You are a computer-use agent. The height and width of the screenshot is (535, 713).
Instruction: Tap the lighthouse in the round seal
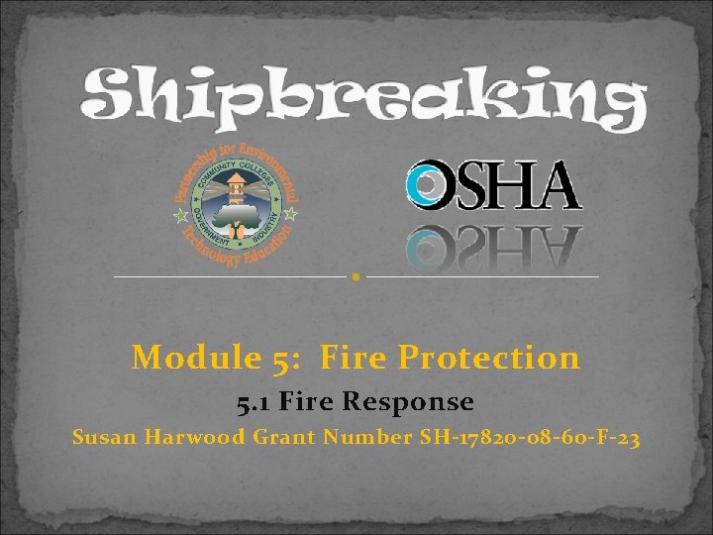coord(235,188)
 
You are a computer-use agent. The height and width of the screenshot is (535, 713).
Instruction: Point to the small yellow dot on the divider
coord(356,277)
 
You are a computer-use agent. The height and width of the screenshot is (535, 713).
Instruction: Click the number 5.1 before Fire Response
coord(255,402)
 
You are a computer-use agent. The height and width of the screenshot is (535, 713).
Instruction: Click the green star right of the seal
coord(290,212)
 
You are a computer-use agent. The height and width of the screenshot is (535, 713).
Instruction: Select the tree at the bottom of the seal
coord(235,226)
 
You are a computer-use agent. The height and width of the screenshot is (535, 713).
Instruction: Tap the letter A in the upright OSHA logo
coord(555,186)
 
